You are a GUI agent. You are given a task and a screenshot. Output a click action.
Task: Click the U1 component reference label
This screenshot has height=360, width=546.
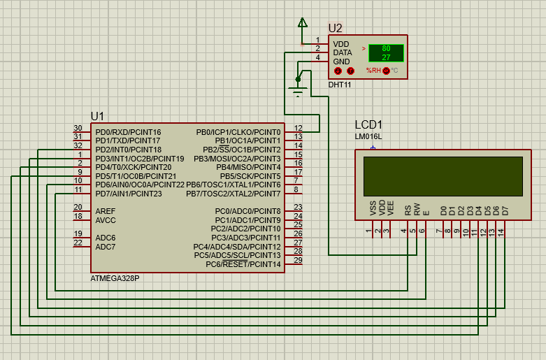pos(97,115)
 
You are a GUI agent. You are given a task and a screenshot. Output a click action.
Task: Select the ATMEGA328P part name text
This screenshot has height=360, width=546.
pos(115,278)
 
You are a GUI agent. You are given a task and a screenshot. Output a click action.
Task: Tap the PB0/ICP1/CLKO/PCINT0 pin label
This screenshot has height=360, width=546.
pos(238,132)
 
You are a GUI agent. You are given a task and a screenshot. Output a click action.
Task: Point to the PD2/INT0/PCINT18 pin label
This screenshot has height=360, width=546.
pos(129,150)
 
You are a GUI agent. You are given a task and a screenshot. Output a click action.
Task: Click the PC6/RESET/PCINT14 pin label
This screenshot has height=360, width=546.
pos(243,264)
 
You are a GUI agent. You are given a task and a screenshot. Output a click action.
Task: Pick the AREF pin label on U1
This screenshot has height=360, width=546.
pos(106,211)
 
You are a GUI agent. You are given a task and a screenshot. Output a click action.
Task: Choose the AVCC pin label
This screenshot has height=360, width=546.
pos(106,220)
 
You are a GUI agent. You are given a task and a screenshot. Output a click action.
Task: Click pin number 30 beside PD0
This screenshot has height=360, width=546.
pos(78,129)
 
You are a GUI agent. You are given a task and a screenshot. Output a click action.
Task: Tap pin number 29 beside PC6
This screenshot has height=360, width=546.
pos(299,261)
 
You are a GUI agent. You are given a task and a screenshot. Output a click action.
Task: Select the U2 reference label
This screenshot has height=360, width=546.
pos(336,28)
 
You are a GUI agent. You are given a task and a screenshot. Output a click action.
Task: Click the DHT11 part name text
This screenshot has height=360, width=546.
pos(340,85)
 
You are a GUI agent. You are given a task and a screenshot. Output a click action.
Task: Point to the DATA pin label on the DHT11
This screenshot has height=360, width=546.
pos(343,52)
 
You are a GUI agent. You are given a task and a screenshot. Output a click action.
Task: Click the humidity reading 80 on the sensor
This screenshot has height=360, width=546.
pos(386,48)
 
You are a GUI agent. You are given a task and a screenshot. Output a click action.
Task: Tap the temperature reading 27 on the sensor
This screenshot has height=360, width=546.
pos(386,57)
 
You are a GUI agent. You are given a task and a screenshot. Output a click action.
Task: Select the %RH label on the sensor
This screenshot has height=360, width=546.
pos(373,71)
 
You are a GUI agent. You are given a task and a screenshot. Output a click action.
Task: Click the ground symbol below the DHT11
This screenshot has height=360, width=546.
pos(299,91)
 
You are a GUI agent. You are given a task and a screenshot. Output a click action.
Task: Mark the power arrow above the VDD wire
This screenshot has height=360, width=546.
pos(303,23)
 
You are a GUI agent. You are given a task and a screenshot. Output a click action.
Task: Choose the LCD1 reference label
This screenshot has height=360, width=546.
pos(369,124)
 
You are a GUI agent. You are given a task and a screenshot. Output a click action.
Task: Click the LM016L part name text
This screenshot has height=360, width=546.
pos(368,136)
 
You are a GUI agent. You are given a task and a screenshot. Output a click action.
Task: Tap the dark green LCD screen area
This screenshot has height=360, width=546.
pos(443,176)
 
